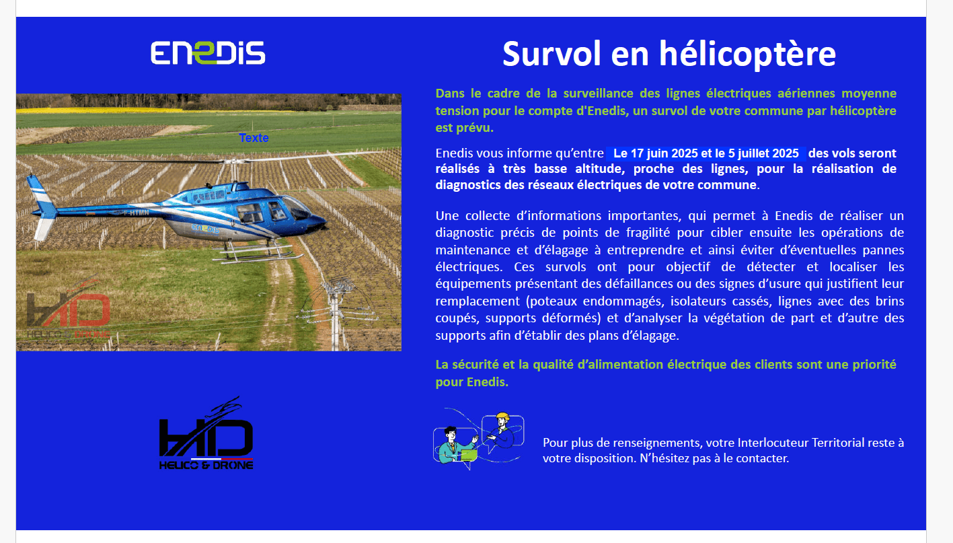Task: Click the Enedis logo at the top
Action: pyautogui.click(x=208, y=52)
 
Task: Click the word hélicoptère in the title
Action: pyautogui.click(x=747, y=55)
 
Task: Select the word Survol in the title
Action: pyautogui.click(x=551, y=54)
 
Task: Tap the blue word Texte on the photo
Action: pyautogui.click(x=254, y=138)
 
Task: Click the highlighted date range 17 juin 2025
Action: pyautogui.click(x=706, y=153)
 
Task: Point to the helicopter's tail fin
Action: pyautogui.click(x=42, y=207)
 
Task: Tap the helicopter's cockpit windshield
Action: pyautogui.click(x=298, y=208)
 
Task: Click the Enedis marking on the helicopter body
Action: pyautogui.click(x=205, y=229)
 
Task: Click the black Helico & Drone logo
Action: pyautogui.click(x=206, y=433)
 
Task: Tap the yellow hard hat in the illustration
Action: pyautogui.click(x=502, y=417)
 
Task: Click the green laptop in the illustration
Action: pyautogui.click(x=469, y=456)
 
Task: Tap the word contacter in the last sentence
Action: pyautogui.click(x=762, y=458)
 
